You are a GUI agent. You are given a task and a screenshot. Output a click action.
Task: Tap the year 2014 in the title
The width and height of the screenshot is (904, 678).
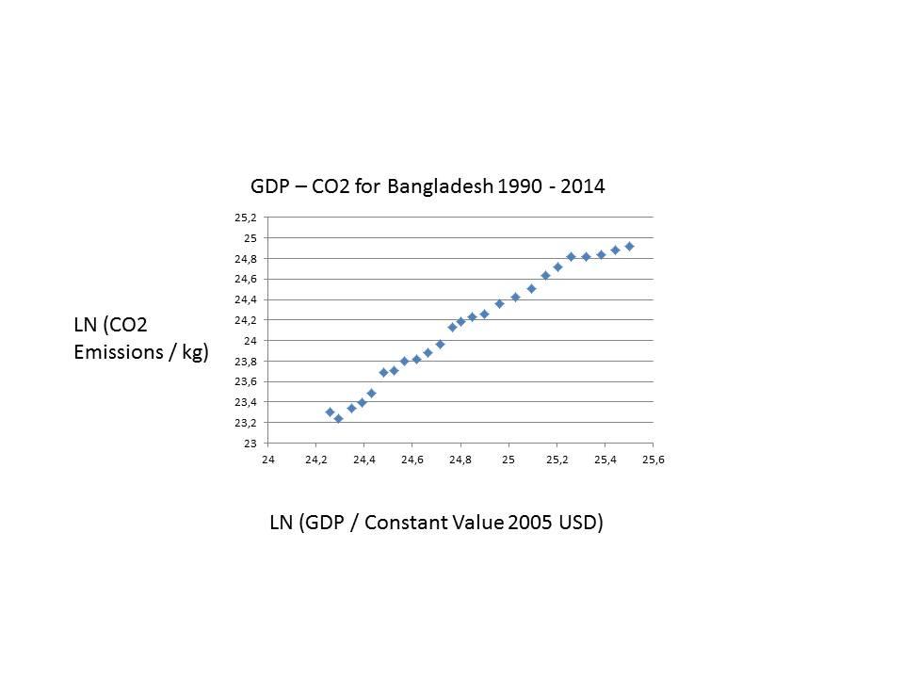(582, 186)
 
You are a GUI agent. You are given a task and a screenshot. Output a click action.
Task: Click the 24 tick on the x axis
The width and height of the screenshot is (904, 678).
(268, 460)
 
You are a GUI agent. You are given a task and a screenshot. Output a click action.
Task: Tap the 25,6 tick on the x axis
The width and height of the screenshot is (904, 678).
(654, 460)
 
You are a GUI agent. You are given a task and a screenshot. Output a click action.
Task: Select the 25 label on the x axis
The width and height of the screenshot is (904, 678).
(508, 460)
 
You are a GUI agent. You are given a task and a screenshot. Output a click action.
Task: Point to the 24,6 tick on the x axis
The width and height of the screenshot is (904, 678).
(412, 460)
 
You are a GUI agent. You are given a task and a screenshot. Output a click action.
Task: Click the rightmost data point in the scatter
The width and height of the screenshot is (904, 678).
(629, 247)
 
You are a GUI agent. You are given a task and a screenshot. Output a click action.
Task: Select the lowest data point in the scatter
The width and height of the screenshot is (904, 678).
(338, 418)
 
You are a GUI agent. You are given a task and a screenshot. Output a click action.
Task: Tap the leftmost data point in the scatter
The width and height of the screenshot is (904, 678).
(330, 412)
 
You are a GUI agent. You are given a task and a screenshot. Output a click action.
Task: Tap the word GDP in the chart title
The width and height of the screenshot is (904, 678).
(270, 186)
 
